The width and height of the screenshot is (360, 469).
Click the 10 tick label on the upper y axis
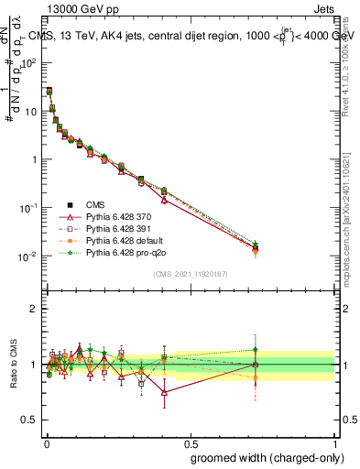(31, 111)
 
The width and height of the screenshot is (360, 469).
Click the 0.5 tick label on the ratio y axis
(30, 421)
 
